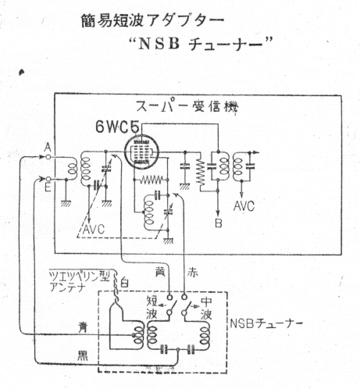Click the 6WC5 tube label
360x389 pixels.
tap(116, 127)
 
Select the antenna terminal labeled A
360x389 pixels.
tap(48, 157)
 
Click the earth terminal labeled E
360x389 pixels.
tap(48, 179)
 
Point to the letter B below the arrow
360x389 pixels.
tap(218, 223)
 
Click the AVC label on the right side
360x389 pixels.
tap(244, 206)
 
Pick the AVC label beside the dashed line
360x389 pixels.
tap(94, 229)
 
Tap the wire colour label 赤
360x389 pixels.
tap(192, 273)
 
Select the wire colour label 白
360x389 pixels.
tap(124, 282)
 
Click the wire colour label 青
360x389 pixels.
tap(83, 327)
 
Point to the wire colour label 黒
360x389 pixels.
tap(83, 355)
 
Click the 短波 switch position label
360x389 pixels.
tap(151, 308)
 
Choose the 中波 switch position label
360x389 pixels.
tap(206, 308)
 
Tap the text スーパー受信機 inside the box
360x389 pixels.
tap(187, 106)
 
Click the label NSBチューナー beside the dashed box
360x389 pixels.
tap(266, 323)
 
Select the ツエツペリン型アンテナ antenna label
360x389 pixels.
tap(80, 281)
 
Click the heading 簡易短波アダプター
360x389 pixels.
tap(152, 20)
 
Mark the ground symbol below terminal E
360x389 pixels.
tap(66, 203)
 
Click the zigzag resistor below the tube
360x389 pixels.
tap(151, 180)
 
